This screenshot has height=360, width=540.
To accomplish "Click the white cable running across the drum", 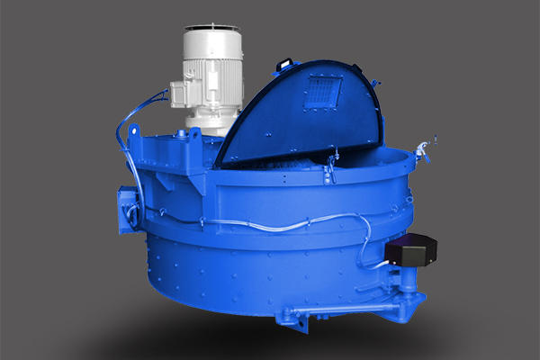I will [270, 222].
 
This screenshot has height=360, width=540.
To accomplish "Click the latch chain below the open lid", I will [331, 166].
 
